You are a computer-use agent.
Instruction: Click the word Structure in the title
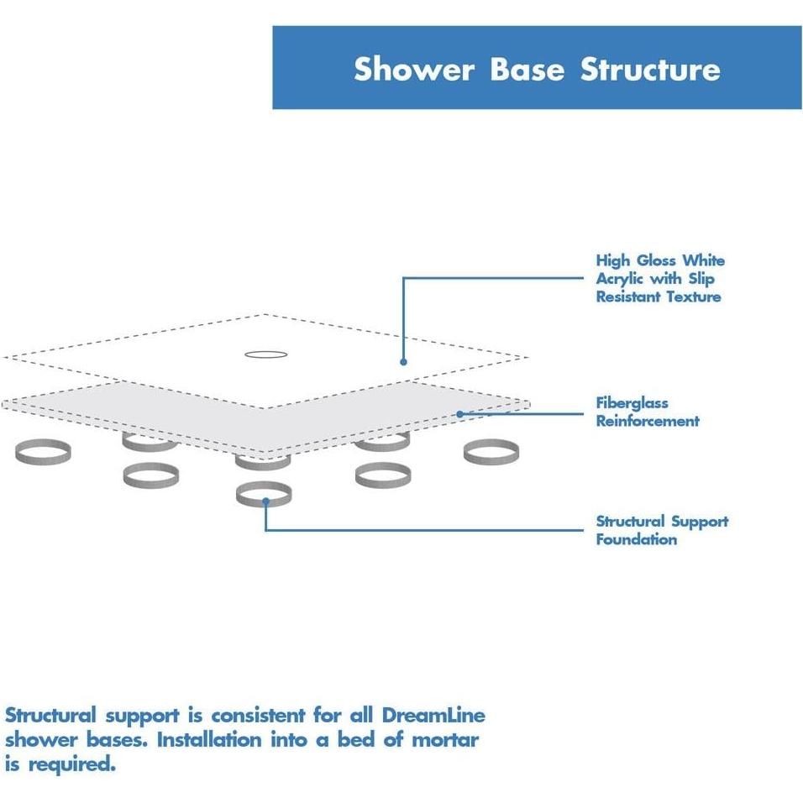(x=650, y=69)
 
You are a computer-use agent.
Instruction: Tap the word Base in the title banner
(x=527, y=69)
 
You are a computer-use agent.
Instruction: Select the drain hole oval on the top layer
(x=266, y=354)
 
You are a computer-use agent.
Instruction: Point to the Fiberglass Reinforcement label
(x=647, y=412)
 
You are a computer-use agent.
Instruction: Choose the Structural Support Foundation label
(x=662, y=530)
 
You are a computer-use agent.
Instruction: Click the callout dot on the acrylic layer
(x=403, y=362)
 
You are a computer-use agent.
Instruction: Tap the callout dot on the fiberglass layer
(x=460, y=414)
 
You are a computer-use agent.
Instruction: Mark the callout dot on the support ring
(x=265, y=501)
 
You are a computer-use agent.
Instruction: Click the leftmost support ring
(x=43, y=452)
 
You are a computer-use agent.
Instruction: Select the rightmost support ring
(x=491, y=452)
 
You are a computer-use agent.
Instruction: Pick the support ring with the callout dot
(x=264, y=494)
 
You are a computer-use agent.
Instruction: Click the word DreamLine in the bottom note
(x=433, y=716)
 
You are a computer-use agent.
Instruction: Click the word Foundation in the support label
(x=636, y=539)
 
